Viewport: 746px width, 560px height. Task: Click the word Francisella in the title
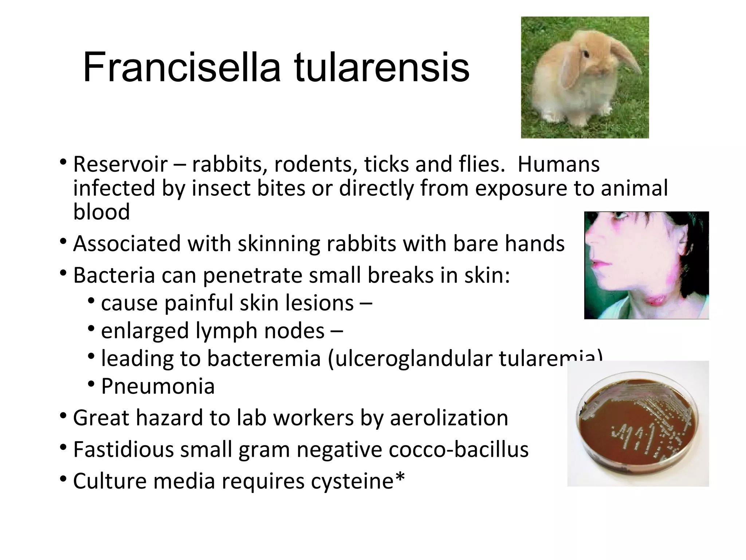pyautogui.click(x=181, y=68)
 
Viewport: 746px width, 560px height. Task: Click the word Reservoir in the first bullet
pyautogui.click(x=120, y=164)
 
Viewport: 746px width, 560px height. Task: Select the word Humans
pyautogui.click(x=558, y=164)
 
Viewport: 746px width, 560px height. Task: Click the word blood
pyautogui.click(x=101, y=212)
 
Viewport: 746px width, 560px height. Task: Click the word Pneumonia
pyautogui.click(x=158, y=386)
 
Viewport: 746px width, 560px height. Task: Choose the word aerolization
pyautogui.click(x=449, y=418)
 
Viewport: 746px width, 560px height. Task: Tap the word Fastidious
pyautogui.click(x=123, y=449)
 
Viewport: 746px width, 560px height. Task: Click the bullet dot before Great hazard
pyautogui.click(x=63, y=416)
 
